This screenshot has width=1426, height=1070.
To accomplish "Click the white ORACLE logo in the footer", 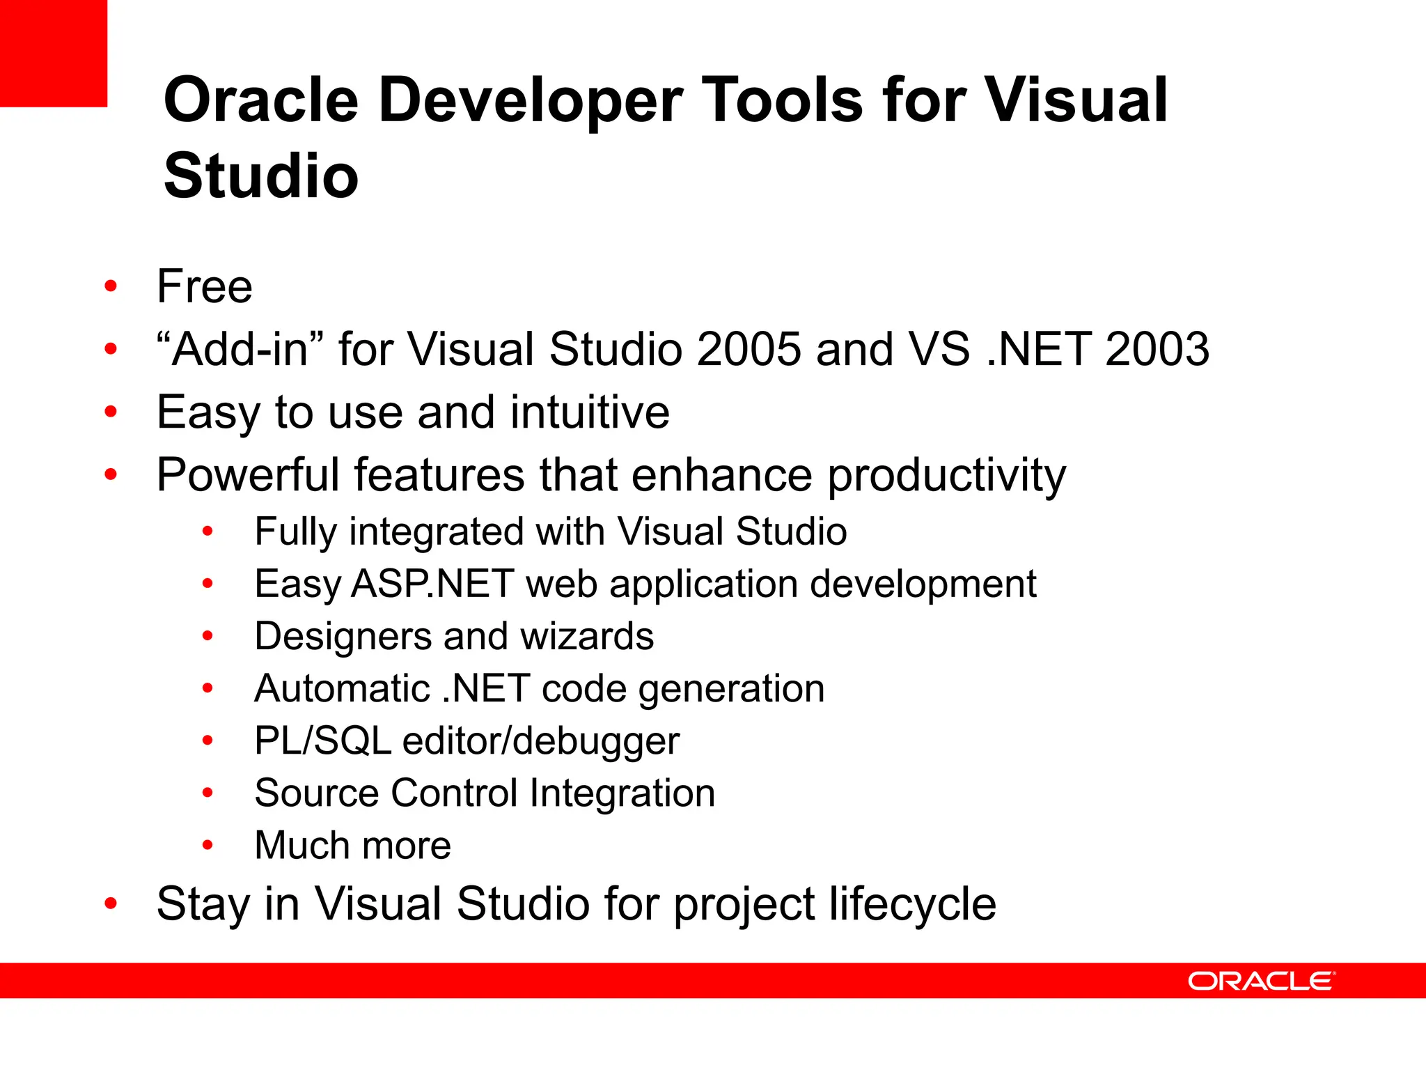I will [1261, 981].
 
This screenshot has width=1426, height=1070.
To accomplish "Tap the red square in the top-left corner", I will [53, 53].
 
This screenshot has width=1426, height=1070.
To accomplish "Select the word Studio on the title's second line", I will [261, 176].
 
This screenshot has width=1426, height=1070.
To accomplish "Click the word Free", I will [205, 286].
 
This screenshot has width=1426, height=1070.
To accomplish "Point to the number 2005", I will [749, 349].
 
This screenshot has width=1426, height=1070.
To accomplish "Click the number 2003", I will [1157, 349].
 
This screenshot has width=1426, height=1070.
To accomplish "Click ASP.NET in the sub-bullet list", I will [432, 584].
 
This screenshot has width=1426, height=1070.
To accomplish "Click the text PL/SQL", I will [323, 741].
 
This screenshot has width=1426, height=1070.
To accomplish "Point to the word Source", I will [315, 793].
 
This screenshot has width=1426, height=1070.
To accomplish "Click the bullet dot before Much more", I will [207, 845].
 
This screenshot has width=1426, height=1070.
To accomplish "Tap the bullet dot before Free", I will [111, 286].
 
